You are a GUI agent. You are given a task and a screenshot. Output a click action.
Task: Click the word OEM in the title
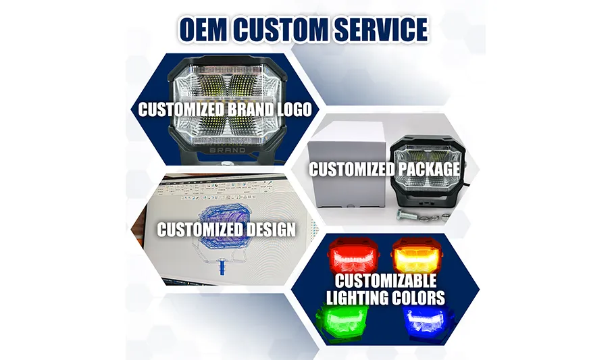pyautogui.click(x=203, y=30)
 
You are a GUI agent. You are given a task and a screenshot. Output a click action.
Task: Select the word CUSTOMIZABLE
pyautogui.click(x=386, y=281)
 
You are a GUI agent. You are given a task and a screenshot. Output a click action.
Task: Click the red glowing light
pyautogui.click(x=354, y=257)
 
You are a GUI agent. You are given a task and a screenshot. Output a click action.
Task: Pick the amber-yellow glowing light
pyautogui.click(x=417, y=257)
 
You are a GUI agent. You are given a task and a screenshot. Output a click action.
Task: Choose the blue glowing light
pyautogui.click(x=428, y=322)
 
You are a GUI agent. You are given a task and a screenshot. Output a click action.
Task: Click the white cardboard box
pyautogui.click(x=347, y=166)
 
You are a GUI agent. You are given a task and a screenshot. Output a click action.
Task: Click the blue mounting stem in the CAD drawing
pyautogui.click(x=222, y=266)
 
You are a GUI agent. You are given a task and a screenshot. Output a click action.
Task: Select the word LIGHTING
pyautogui.click(x=355, y=298)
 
